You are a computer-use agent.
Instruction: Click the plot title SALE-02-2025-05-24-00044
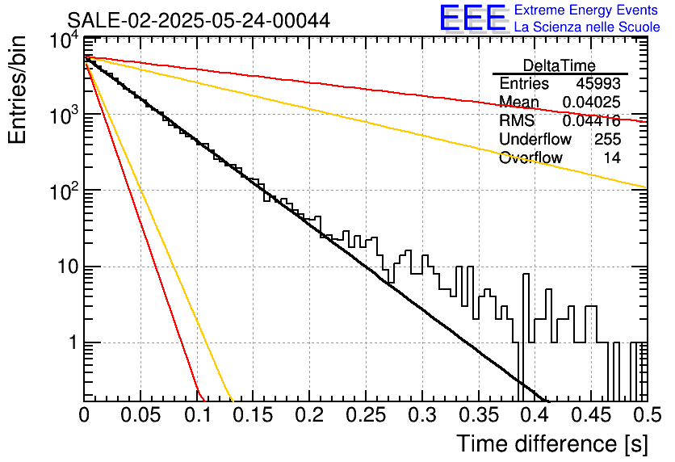[x=199, y=20]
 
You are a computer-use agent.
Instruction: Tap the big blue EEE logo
[x=473, y=18]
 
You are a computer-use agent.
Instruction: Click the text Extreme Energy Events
[x=586, y=10]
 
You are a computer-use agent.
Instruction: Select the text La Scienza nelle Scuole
[x=587, y=27]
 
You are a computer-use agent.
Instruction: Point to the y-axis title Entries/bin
[x=17, y=90]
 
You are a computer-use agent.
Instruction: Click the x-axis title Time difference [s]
[x=552, y=443]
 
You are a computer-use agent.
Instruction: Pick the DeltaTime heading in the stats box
[x=560, y=65]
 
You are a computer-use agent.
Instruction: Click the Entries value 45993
[x=598, y=83]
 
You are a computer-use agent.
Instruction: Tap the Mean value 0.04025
[x=592, y=102]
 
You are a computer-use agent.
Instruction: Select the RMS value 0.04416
[x=592, y=121]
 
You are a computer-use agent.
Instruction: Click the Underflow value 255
[x=607, y=139]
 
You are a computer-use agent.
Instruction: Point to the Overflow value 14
[x=612, y=157]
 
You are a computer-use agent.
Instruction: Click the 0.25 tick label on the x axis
[x=366, y=415]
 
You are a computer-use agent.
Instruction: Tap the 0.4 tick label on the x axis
[x=535, y=415]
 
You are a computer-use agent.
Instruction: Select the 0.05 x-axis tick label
[x=140, y=415]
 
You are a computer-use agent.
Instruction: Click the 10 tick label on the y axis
[x=68, y=267]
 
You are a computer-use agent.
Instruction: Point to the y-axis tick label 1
[x=73, y=343]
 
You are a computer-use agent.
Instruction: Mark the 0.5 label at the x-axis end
[x=647, y=415]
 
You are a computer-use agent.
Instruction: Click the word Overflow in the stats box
[x=530, y=157]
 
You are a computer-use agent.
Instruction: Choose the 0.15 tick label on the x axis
[x=254, y=415]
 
